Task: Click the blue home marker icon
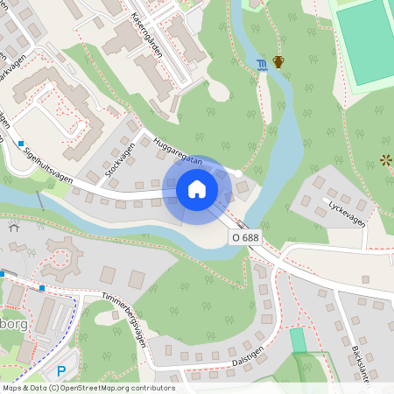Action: point(197,188)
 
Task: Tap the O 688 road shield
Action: point(245,237)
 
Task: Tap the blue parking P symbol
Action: point(60,371)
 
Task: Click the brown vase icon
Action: point(279,61)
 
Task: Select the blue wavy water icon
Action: point(263,63)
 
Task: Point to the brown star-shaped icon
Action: point(386,159)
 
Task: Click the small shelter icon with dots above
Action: point(14,226)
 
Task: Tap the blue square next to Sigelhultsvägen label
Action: point(20,143)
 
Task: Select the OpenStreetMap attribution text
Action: point(88,388)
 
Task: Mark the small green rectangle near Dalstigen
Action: point(299,339)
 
